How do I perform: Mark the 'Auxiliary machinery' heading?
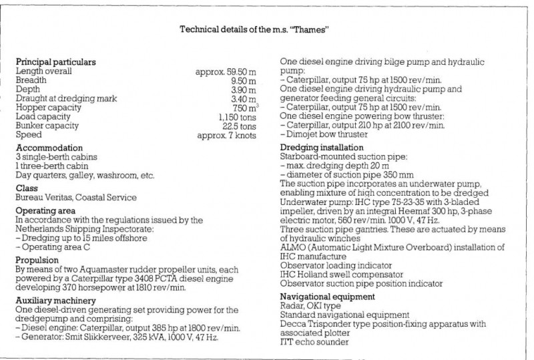(x=56, y=301)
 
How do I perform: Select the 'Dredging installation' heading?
(x=322, y=147)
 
